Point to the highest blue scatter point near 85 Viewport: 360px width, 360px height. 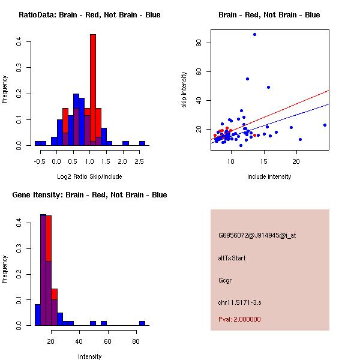pos(254,35)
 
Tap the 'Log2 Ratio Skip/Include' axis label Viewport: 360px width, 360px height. pos(89,176)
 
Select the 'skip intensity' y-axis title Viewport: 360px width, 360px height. pos(184,90)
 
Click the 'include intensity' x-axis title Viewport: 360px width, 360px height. pos(269,176)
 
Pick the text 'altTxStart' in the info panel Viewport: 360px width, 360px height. pos(232,258)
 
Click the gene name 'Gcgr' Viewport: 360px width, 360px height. pos(225,280)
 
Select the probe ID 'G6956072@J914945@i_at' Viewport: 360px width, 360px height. pos(257,235)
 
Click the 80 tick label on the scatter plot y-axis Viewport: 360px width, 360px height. pos(197,43)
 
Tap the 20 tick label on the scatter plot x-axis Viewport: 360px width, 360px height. pos(296,161)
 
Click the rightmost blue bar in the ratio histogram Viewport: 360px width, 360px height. pos(142,143)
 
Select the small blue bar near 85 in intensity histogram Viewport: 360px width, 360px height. pos(142,323)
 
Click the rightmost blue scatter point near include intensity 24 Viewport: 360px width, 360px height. pos(325,125)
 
